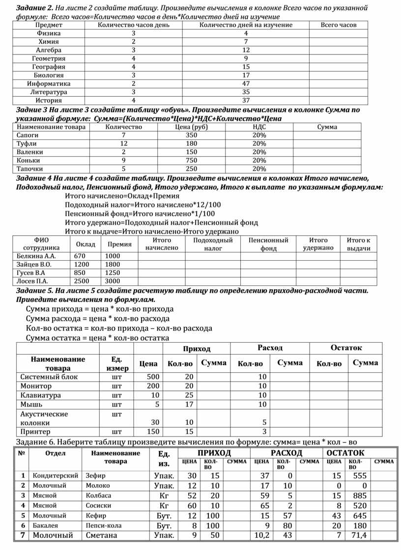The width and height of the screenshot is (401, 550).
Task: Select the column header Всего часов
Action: [339, 25]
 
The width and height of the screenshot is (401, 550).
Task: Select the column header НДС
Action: [259, 127]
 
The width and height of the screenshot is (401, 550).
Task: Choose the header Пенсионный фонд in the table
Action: [268, 244]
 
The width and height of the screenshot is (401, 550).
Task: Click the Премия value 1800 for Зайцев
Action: [113, 264]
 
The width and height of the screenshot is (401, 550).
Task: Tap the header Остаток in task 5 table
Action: [346, 348]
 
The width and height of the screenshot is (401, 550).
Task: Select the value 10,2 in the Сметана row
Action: [262, 535]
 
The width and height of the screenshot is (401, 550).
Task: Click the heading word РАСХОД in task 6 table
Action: [286, 453]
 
